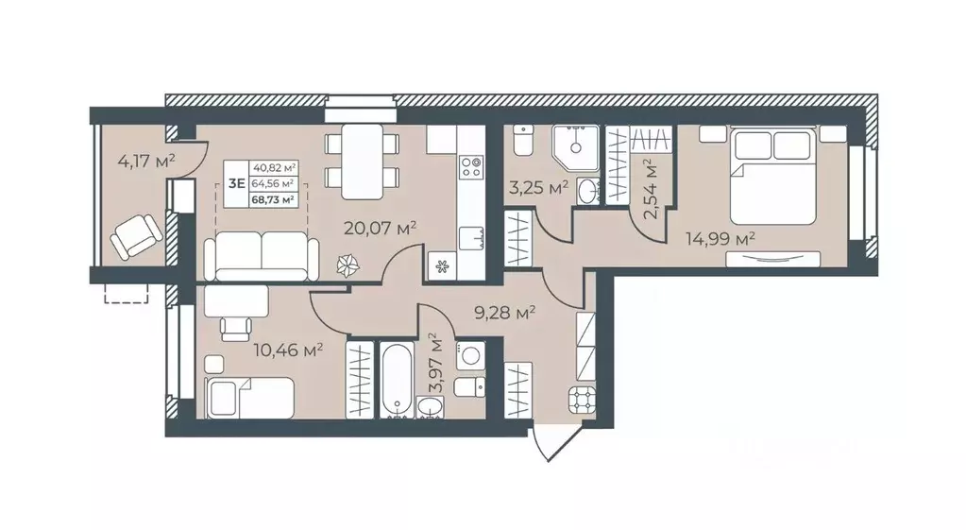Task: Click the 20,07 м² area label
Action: coord(381,229)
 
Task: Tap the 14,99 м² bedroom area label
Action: coord(720,238)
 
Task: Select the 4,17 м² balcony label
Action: coord(146,162)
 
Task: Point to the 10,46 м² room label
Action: coord(289,350)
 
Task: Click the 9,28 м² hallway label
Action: coord(504,313)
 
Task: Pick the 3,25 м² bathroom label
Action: coord(538,187)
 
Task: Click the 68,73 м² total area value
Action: coord(272,199)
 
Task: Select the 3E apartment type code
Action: coord(237,183)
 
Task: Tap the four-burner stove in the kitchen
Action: coord(472,166)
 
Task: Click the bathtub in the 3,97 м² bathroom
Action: coord(396,380)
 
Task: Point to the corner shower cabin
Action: coord(575,148)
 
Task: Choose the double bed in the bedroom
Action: coord(773,176)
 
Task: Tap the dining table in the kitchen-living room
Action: coord(363,162)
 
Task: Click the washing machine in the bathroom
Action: coord(470,357)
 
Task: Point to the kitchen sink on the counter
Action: coord(470,238)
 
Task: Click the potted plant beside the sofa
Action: coord(347,265)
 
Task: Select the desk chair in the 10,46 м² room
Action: coord(237,327)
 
